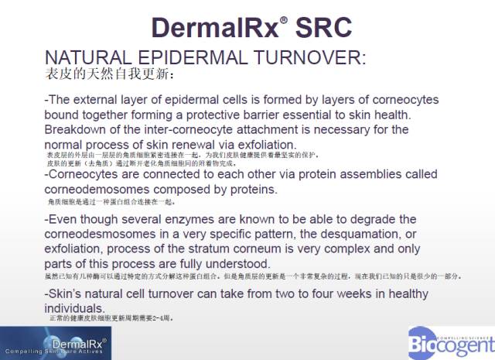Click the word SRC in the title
320,27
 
